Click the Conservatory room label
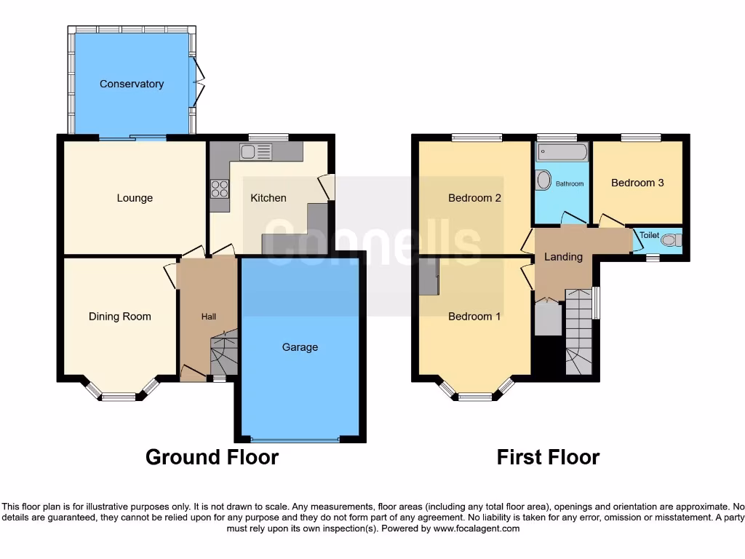point(132,84)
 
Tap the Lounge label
point(135,198)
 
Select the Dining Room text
point(120,316)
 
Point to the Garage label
point(300,347)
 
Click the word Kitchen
point(268,198)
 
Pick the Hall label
point(209,317)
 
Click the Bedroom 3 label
point(637,183)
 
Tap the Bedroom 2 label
point(474,198)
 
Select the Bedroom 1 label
point(474,316)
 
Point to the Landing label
point(564,256)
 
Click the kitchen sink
point(255,152)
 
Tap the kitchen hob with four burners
point(219,189)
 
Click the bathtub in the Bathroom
point(562,153)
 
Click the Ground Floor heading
point(212,457)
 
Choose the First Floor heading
point(548,457)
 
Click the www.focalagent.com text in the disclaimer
point(477,528)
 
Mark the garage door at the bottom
point(295,440)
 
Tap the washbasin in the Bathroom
point(543,181)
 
